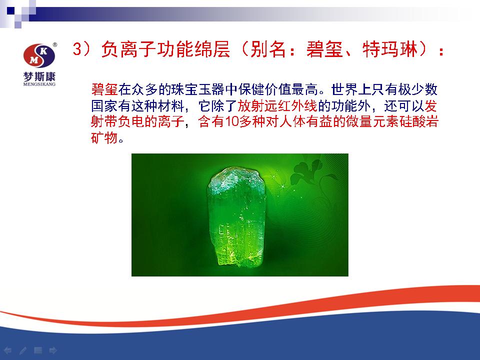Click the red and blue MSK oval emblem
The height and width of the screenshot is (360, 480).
click(x=39, y=55)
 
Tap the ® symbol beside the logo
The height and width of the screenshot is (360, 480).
click(x=55, y=44)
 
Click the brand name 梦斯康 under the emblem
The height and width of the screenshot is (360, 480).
click(x=39, y=76)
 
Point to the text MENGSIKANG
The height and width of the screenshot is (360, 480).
click(x=39, y=84)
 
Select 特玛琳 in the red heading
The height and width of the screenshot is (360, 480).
click(x=390, y=49)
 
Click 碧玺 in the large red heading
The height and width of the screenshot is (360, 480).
click(x=324, y=49)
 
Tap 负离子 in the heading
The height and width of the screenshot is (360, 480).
click(x=128, y=49)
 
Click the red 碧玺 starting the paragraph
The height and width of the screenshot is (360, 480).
click(x=104, y=89)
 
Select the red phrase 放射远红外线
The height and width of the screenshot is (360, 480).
click(x=277, y=106)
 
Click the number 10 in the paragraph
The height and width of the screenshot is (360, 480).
click(x=232, y=122)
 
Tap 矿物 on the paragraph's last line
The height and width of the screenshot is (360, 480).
click(x=104, y=138)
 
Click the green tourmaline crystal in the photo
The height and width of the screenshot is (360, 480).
click(x=237, y=216)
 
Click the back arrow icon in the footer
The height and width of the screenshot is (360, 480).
click(x=7, y=350)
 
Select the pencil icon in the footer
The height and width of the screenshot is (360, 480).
click(x=23, y=350)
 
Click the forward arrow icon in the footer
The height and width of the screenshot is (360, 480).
click(x=53, y=350)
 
